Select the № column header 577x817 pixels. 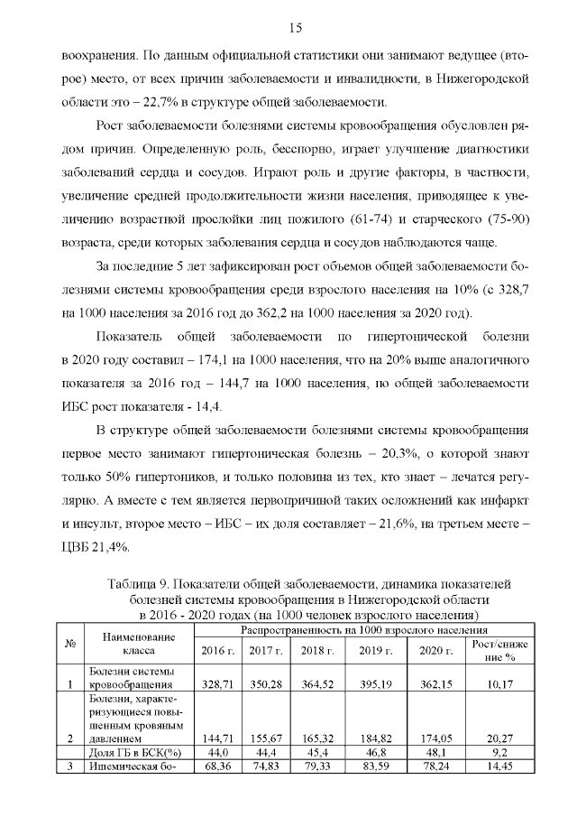point(69,643)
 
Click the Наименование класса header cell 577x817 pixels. point(133,643)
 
